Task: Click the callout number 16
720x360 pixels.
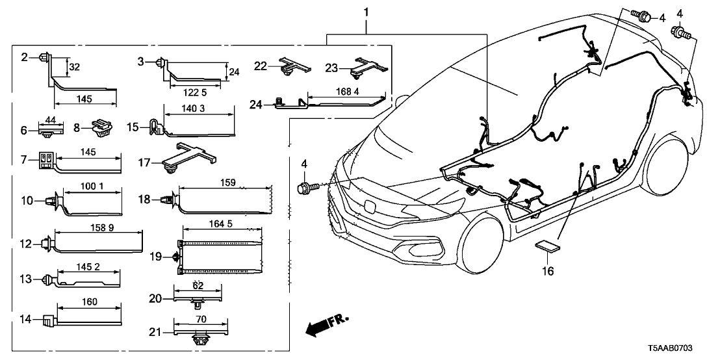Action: pos(548,270)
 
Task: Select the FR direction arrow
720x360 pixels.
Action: pos(325,324)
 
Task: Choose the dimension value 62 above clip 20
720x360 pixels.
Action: pos(198,285)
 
